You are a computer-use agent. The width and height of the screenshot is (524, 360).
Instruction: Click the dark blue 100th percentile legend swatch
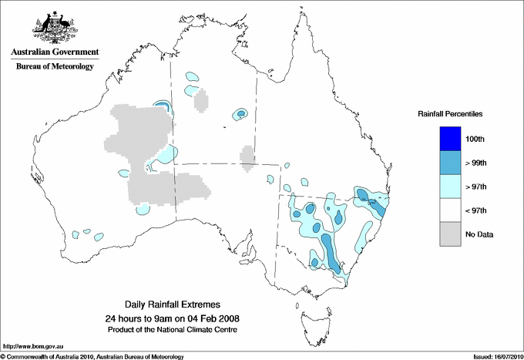(x=451, y=139)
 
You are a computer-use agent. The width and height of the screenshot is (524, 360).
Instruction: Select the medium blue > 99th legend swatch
(x=451, y=163)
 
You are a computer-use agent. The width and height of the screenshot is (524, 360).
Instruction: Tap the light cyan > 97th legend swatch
(x=451, y=187)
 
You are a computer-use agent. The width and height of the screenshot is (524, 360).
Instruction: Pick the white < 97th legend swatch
(x=451, y=210)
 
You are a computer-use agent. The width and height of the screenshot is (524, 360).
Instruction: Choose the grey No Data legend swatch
(x=451, y=234)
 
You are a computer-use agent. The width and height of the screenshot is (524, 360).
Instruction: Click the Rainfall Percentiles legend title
(x=450, y=114)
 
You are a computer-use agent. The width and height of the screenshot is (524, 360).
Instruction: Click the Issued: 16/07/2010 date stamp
(x=492, y=356)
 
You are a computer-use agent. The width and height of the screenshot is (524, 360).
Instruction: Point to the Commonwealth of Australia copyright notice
(x=92, y=356)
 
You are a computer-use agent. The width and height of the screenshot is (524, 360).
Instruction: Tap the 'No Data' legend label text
(x=479, y=234)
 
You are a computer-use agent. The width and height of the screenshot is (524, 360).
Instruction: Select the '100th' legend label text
(x=475, y=139)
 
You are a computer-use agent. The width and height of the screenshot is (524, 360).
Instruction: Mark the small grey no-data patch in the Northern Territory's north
(x=201, y=101)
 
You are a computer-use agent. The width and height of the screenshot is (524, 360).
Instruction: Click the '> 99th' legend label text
(x=477, y=163)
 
